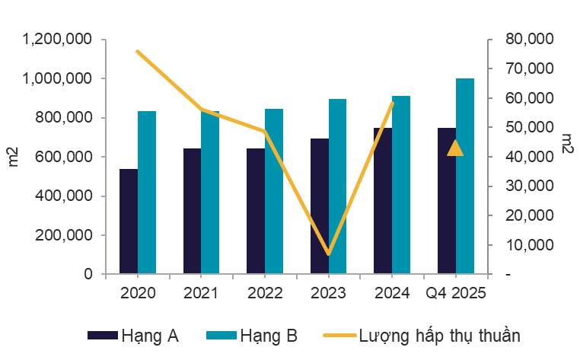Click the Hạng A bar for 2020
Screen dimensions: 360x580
tap(129, 221)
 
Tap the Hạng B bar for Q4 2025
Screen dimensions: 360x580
tap(465, 176)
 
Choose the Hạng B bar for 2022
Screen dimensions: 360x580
tap(274, 191)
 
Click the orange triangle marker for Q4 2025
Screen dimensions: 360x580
tap(455, 148)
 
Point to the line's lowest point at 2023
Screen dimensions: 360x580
tap(329, 253)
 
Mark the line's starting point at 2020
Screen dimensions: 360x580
tap(138, 52)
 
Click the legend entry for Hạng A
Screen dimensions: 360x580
tap(134, 335)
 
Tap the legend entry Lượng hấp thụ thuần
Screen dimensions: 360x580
tap(422, 335)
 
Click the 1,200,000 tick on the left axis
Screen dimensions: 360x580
tap(58, 39)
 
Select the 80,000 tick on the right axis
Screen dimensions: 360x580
tap(524, 39)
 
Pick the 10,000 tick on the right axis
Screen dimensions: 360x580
tap(524, 245)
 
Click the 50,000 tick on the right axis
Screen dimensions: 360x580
tap(524, 127)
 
